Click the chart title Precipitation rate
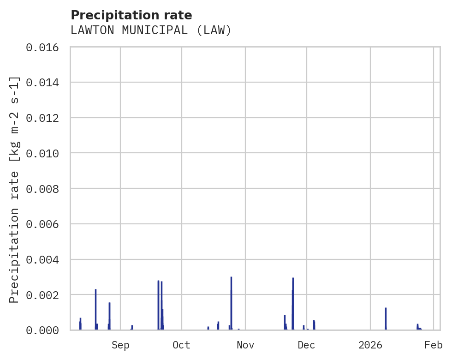[x=131, y=15]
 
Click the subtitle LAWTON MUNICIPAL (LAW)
[x=151, y=30]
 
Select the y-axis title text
[x=15, y=189]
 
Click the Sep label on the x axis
[x=120, y=345]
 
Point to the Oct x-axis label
[x=181, y=345]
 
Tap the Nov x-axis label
[x=245, y=345]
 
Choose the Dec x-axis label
[x=306, y=345]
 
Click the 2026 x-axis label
[x=370, y=345]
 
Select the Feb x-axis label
[x=434, y=345]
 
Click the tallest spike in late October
[x=231, y=302]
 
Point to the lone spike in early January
[x=386, y=318]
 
